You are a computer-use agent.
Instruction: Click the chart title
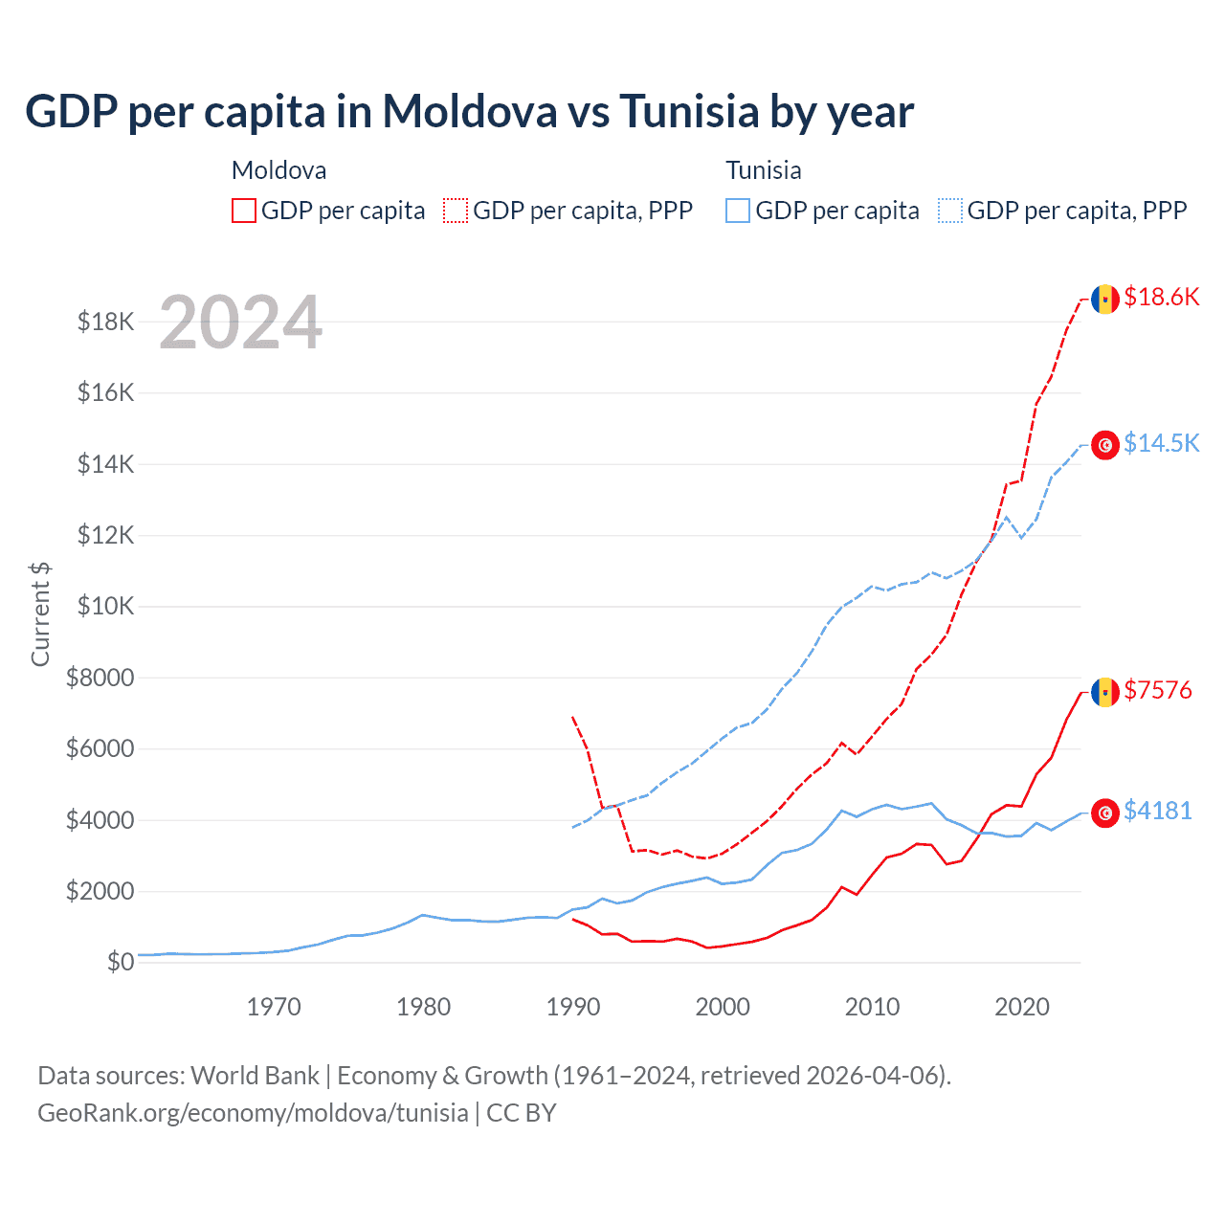[x=469, y=111]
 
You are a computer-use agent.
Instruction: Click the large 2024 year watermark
[x=240, y=323]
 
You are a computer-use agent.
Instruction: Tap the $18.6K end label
[x=1161, y=297]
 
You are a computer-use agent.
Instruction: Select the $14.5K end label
[x=1161, y=443]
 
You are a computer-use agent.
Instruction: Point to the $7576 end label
[x=1158, y=690]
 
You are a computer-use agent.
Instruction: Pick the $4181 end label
[x=1158, y=812]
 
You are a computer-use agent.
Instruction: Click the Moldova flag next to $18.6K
[x=1105, y=299]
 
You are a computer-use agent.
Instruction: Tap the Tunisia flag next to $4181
[x=1105, y=813]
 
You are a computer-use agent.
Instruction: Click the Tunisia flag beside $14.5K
[x=1105, y=445]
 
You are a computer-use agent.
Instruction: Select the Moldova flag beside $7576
[x=1105, y=691]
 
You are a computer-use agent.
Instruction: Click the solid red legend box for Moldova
[x=244, y=211]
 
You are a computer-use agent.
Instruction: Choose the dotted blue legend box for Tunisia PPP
[x=950, y=211]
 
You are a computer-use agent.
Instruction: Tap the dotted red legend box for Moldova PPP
[x=457, y=211]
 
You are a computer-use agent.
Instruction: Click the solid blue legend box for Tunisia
[x=738, y=211]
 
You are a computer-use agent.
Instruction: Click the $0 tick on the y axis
[x=120, y=962]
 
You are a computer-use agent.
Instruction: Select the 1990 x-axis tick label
[x=573, y=1007]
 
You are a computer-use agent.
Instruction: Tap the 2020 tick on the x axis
[x=1022, y=1007]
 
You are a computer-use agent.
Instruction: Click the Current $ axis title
[x=40, y=614]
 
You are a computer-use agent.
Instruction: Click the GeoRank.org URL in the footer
[x=253, y=1113]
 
